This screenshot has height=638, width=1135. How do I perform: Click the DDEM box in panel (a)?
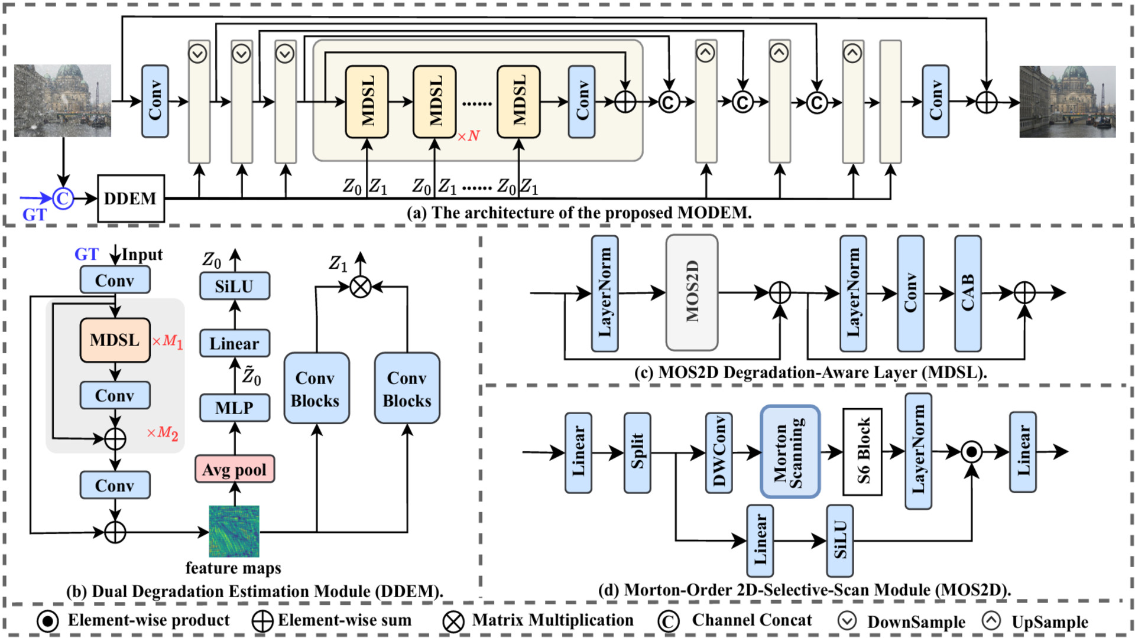[131, 198]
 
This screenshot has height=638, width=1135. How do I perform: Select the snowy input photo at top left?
[63, 101]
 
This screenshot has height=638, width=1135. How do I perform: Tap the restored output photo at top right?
[1067, 102]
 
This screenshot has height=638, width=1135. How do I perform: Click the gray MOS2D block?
[692, 292]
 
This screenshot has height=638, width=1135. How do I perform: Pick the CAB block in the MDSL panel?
[968, 293]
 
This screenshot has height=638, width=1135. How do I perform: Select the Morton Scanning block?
[790, 452]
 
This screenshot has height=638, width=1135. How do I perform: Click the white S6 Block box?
[862, 452]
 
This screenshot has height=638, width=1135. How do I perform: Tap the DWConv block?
[719, 453]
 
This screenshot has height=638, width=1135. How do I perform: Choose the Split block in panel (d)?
[637, 453]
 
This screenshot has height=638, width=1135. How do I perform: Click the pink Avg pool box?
[235, 469]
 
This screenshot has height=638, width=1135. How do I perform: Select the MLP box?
[235, 408]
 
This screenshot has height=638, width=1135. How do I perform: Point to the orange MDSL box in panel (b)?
[115, 340]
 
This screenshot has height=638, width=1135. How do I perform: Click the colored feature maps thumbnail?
[234, 531]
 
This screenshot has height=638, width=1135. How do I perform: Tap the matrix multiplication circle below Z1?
[361, 287]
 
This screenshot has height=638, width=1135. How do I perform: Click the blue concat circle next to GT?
[63, 198]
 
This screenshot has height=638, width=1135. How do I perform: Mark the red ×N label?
[468, 136]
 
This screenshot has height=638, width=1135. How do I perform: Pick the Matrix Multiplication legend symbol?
[453, 621]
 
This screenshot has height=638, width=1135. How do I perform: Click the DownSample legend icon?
[847, 621]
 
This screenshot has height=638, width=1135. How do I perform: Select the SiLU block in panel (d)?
[839, 540]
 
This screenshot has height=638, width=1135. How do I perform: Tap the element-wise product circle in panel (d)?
[971, 453]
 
